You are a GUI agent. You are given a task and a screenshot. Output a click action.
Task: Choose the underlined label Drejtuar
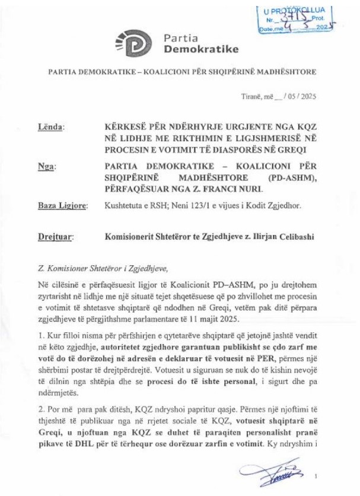[x=55, y=237]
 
